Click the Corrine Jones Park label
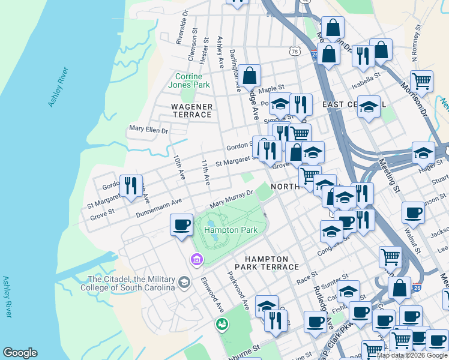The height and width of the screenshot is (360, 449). (x=192, y=80)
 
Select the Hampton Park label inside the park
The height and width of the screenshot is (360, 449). (x=226, y=230)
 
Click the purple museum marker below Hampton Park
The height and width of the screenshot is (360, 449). (x=196, y=260)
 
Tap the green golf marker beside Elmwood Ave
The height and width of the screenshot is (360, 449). (x=221, y=325)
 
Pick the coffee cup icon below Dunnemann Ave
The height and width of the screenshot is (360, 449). (x=181, y=226)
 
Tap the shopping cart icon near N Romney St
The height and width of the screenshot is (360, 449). (x=422, y=80)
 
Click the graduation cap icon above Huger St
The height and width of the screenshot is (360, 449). (x=423, y=154)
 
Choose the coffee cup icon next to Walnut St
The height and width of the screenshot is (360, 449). (x=412, y=214)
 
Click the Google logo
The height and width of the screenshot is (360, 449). (x=20, y=353)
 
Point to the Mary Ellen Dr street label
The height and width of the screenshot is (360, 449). (x=149, y=129)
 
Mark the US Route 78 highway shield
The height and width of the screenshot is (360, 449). (x=294, y=52)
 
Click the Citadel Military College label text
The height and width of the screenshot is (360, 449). (x=131, y=283)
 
